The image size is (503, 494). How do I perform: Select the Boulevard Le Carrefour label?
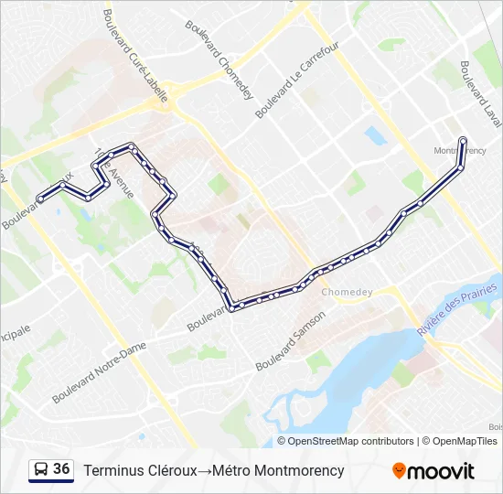[297, 80]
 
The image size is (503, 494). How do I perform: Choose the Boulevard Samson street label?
[291, 340]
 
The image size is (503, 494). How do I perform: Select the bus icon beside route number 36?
[41, 470]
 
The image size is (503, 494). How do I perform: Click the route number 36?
[62, 469]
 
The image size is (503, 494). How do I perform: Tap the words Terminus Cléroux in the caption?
[140, 470]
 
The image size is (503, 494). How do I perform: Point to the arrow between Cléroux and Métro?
[204, 470]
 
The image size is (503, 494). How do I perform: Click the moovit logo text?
[441, 471]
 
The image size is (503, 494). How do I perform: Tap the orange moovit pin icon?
[399, 471]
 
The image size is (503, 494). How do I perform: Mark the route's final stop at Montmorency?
[463, 140]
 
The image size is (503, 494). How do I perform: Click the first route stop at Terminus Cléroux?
[39, 199]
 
